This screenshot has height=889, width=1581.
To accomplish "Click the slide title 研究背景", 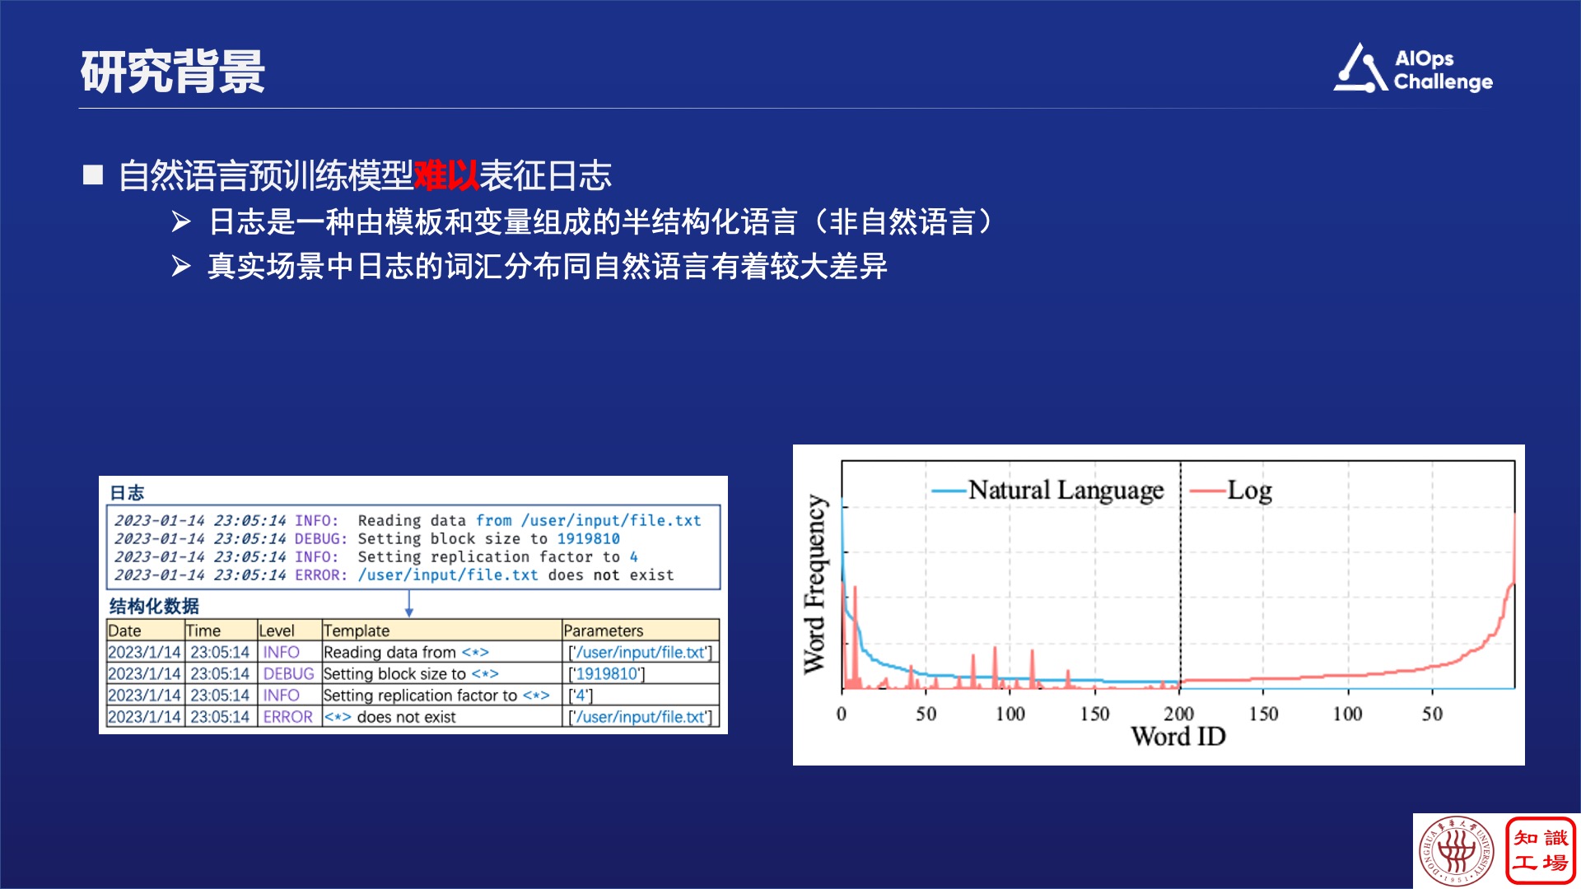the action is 173,72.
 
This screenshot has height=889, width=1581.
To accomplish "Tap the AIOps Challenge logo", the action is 1413,68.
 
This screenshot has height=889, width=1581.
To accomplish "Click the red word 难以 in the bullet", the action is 446,175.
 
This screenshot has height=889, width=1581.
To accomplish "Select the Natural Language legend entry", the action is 1048,491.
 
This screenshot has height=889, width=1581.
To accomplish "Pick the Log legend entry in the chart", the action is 1231,491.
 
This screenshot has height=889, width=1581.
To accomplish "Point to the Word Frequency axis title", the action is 814,584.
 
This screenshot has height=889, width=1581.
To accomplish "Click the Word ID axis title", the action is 1178,736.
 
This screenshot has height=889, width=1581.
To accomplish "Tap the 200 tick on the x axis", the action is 1178,713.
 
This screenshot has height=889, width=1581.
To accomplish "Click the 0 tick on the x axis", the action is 842,713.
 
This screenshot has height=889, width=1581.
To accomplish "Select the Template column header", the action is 357,631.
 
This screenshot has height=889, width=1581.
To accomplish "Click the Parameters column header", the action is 604,631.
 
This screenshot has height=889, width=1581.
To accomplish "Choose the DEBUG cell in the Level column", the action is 288,673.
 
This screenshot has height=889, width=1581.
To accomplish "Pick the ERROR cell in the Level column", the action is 288,717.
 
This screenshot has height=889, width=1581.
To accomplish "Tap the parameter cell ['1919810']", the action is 607,673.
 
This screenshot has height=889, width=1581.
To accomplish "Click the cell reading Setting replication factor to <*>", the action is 436,696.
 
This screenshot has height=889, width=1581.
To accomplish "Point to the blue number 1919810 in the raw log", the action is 589,538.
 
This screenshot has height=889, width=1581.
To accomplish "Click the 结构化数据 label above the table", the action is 154,607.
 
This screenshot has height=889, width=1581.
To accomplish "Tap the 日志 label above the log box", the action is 127,493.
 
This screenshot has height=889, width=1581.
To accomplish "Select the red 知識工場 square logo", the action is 1541,851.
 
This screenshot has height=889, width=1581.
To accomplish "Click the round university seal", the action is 1457,851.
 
